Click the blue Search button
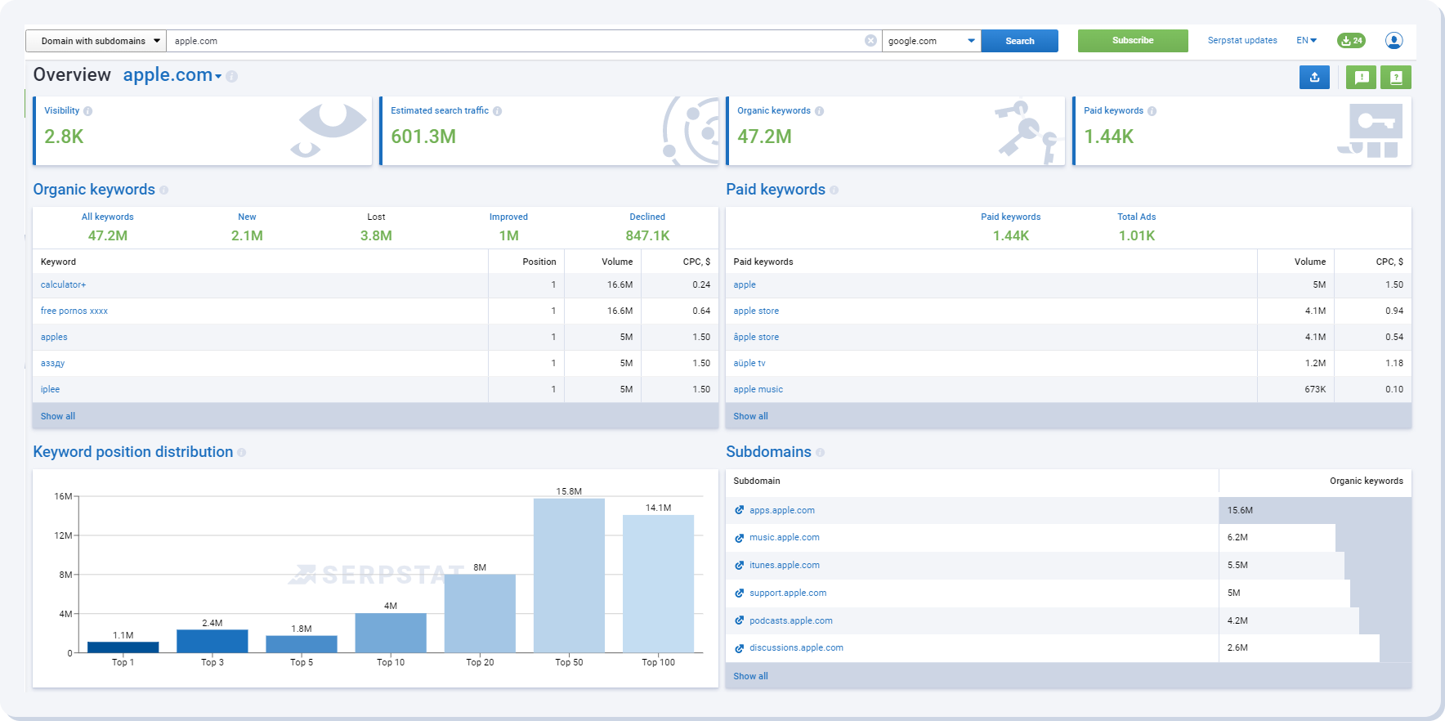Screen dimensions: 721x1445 [x=1019, y=41]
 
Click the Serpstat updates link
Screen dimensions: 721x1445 [x=1241, y=40]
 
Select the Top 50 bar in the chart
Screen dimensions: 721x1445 [x=569, y=575]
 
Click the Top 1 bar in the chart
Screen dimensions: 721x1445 [x=123, y=647]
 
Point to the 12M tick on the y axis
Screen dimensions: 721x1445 [x=64, y=535]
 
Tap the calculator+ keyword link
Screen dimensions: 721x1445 [x=63, y=284]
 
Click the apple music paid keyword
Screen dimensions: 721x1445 [x=758, y=389]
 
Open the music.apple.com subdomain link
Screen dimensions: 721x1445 [x=784, y=537]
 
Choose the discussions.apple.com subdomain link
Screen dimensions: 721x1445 [x=795, y=647]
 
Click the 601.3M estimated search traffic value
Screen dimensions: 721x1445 [x=423, y=137]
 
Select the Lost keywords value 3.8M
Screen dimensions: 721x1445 [x=376, y=235]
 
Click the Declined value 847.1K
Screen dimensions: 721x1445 [x=647, y=235]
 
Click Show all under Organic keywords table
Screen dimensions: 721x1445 [x=58, y=416]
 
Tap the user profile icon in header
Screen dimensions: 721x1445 [x=1394, y=40]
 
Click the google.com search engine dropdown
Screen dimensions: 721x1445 [x=931, y=41]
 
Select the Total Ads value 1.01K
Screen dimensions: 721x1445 [x=1136, y=235]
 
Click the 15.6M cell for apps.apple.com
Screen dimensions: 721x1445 [x=1240, y=510]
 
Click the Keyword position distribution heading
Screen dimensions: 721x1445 [x=133, y=452]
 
